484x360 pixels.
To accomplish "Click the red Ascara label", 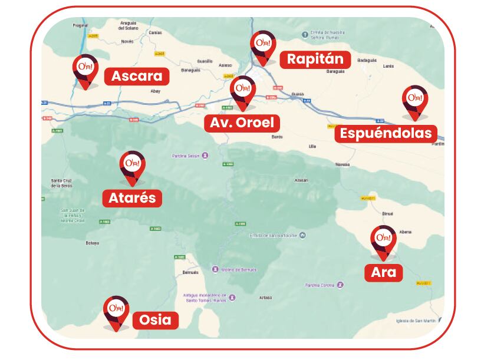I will click(137, 77).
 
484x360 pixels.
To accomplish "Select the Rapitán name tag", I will click(315, 60).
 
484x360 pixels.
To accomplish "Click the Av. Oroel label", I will click(242, 123).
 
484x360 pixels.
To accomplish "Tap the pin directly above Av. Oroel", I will click(242, 91).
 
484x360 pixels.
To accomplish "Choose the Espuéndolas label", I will click(386, 133).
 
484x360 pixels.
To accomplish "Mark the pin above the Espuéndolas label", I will click(415, 101).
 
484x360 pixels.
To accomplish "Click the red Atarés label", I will click(133, 197).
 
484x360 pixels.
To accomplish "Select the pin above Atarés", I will click(133, 166).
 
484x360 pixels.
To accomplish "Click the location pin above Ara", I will click(383, 241).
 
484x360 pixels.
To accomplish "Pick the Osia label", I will click(156, 320).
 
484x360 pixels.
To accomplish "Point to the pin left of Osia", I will click(116, 312).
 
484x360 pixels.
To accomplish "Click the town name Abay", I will click(156, 92).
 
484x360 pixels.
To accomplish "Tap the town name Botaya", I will click(92, 243).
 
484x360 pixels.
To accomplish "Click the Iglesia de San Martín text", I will click(416, 321).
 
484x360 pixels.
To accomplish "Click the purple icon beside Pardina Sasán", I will click(205, 156).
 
